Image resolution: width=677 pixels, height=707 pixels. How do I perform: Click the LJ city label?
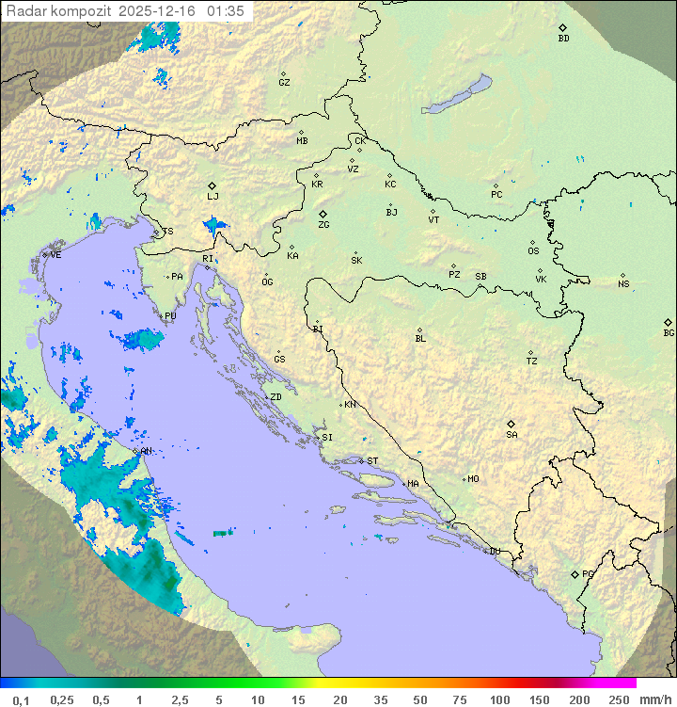[x=213, y=197]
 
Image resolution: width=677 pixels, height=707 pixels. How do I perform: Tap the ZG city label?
[x=323, y=226]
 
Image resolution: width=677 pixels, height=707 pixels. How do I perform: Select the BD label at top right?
[x=563, y=39]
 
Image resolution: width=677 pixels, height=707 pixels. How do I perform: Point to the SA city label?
[x=512, y=435]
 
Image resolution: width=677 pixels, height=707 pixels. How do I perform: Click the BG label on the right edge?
[x=669, y=333]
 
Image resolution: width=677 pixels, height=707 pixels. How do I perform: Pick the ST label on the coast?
[x=372, y=461]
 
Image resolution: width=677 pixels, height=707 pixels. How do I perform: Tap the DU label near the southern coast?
[x=494, y=552]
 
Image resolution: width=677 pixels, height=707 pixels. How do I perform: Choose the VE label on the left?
[x=55, y=255]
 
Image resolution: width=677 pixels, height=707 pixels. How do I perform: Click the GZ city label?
[x=284, y=83]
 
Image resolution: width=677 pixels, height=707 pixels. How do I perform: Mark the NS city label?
[x=623, y=284]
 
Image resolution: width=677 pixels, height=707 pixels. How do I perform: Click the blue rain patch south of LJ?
[x=215, y=224]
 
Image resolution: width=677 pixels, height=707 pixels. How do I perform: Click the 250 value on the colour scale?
[x=619, y=699]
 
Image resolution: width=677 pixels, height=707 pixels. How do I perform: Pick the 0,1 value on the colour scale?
[x=21, y=699]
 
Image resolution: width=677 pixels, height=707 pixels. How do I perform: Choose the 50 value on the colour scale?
[x=419, y=699]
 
